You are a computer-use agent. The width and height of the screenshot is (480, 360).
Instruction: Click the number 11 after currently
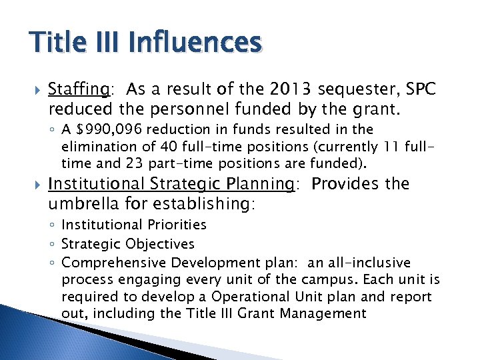[x=393, y=147]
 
